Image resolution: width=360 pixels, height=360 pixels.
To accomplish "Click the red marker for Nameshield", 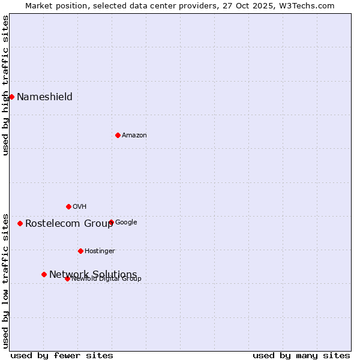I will pyautogui.click(x=11, y=97).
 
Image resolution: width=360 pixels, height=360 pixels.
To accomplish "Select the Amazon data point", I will pyautogui.click(x=118, y=135).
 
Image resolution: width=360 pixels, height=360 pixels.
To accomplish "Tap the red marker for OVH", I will pyautogui.click(x=68, y=206).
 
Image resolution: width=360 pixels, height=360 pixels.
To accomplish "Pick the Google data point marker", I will pyautogui.click(x=111, y=222).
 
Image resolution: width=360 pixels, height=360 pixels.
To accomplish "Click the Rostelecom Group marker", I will pyautogui.click(x=20, y=223).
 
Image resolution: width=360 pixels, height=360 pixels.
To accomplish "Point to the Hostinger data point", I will pyautogui.click(x=80, y=251).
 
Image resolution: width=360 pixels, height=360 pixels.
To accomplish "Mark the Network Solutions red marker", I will pyautogui.click(x=44, y=274).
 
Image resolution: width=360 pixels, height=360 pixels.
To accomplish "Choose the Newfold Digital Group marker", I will pyautogui.click(x=67, y=278).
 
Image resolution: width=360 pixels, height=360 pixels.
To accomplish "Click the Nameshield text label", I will pyautogui.click(x=44, y=97).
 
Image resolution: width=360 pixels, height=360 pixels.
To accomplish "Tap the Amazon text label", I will pyautogui.click(x=134, y=136).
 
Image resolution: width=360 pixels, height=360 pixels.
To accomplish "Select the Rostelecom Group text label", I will pyautogui.click(x=69, y=224).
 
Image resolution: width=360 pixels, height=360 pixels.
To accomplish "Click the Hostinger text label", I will pyautogui.click(x=100, y=251).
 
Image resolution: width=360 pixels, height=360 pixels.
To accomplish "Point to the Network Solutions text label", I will pyautogui.click(x=93, y=274).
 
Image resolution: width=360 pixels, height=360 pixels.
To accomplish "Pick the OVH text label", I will pyautogui.click(x=80, y=207).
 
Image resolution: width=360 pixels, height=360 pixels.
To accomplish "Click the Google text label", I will pyautogui.click(x=126, y=223).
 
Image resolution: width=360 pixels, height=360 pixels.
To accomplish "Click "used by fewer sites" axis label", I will pyautogui.click(x=62, y=355).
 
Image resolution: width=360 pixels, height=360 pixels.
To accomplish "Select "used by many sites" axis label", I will pyautogui.click(x=301, y=355).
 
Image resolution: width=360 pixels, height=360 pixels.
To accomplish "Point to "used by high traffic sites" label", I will pyautogui.click(x=6, y=85).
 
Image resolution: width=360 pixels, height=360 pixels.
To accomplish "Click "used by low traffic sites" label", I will pyautogui.click(x=6, y=280).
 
